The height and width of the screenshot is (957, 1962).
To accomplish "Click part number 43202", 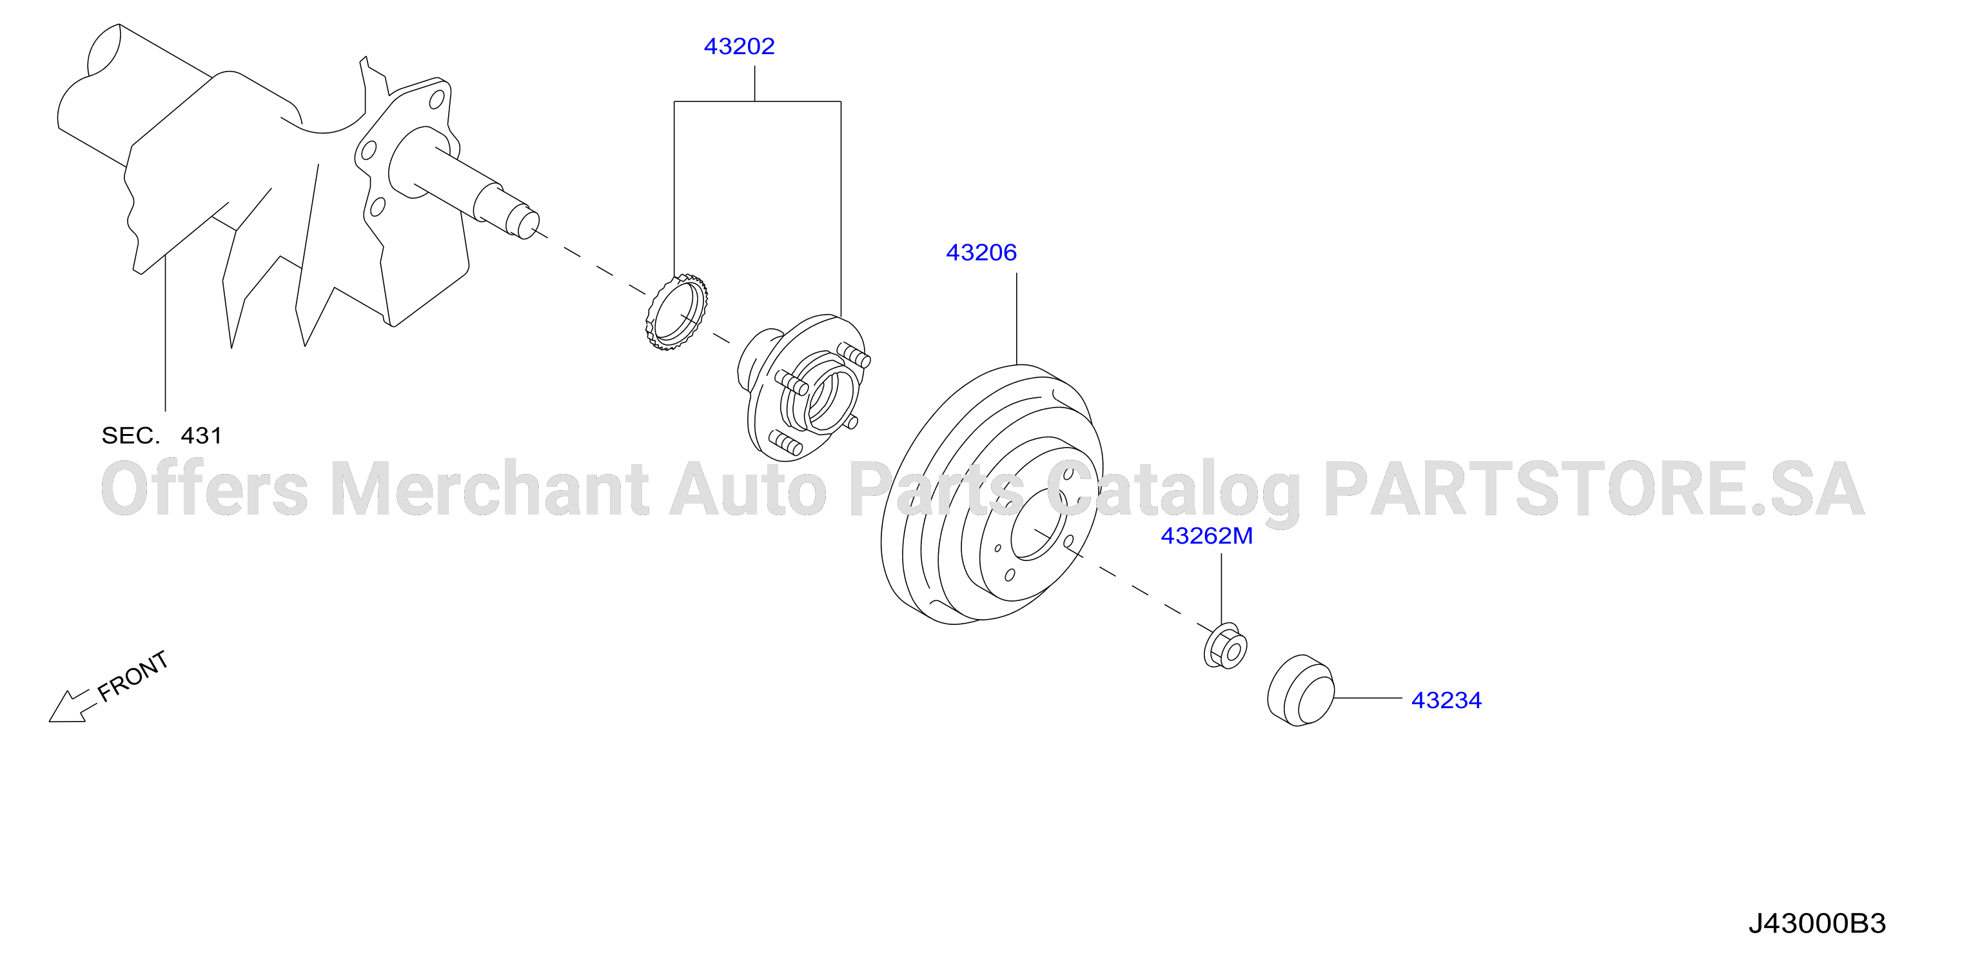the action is (x=739, y=46).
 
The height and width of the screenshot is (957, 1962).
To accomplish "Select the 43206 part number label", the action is (x=981, y=252).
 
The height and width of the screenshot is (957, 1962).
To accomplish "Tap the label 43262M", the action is (x=1206, y=536).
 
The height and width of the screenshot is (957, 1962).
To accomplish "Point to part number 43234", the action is (x=1446, y=700).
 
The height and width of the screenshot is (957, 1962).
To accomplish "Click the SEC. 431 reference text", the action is (x=161, y=436).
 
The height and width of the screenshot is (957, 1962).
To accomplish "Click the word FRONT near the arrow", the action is (x=133, y=676).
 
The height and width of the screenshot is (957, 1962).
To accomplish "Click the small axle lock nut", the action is (x=1225, y=646).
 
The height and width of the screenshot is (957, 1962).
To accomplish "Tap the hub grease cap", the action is (x=1300, y=689).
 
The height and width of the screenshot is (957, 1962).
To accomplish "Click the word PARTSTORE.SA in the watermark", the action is (x=1594, y=488).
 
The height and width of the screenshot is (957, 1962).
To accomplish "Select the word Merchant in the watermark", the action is (x=490, y=488).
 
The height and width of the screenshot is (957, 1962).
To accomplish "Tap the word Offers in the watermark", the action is (x=204, y=488).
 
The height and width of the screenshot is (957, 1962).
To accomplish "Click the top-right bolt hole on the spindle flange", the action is (x=437, y=100).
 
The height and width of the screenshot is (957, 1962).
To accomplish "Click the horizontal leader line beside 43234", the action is (x=1368, y=698).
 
